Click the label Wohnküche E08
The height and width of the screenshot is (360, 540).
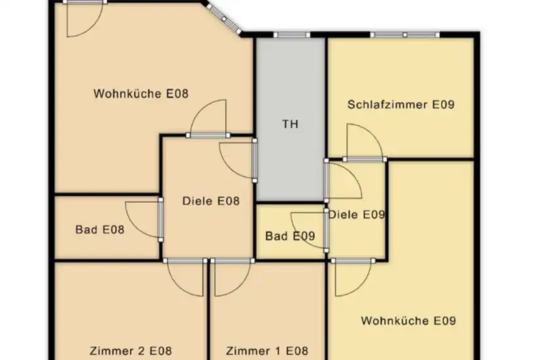click(141, 94)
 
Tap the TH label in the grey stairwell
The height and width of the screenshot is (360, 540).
click(290, 124)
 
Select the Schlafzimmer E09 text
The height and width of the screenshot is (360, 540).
click(401, 104)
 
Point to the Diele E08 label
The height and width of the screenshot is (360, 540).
click(211, 201)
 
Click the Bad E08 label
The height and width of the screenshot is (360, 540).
click(100, 230)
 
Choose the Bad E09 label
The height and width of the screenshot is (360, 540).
click(290, 236)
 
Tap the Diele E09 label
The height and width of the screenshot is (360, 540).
click(357, 215)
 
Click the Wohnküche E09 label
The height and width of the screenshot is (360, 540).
click(408, 321)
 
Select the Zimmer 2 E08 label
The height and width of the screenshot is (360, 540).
click(130, 351)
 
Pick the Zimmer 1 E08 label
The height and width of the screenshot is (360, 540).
click(267, 351)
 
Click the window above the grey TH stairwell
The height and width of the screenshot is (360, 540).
click(292, 35)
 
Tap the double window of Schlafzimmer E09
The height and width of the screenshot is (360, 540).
click(405, 35)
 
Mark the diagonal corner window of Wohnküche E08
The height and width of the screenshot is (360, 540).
click(224, 19)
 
